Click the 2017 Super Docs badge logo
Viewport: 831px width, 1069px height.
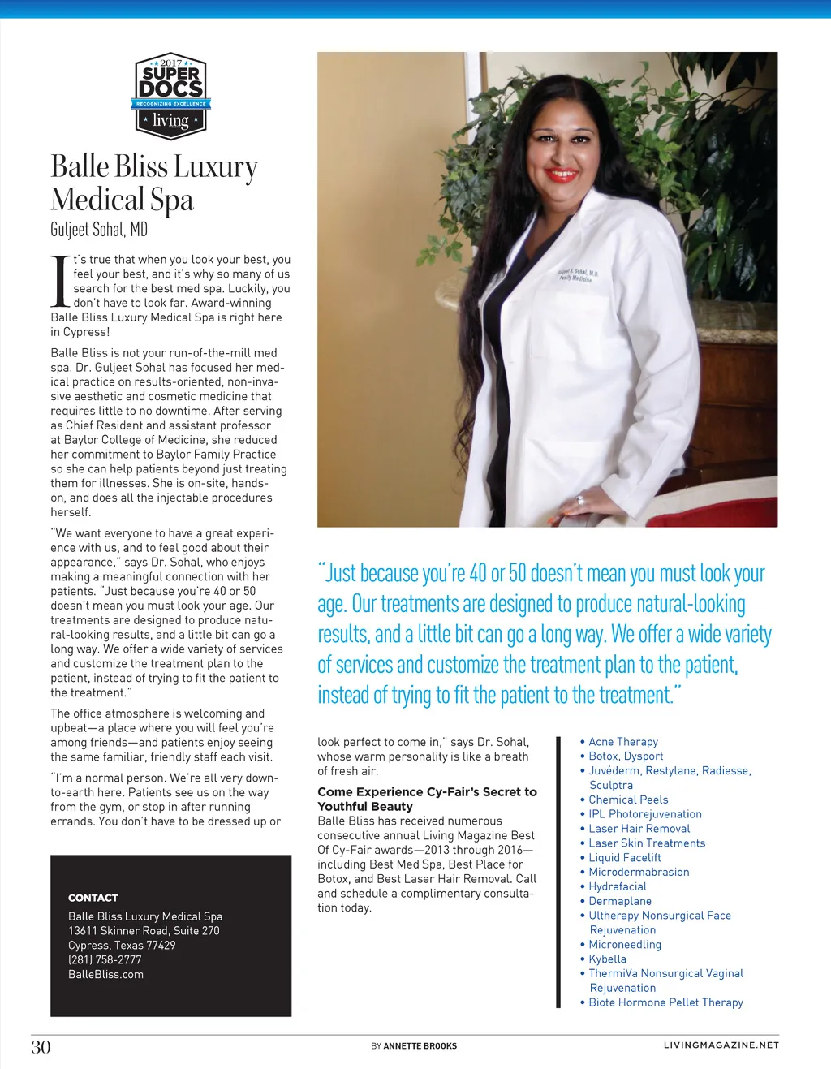[170, 96]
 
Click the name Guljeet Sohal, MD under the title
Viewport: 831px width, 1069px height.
[99, 230]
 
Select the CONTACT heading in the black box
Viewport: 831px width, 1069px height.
[93, 898]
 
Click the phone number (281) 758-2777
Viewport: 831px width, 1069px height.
[105, 959]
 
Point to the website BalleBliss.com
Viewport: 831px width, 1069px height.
[105, 974]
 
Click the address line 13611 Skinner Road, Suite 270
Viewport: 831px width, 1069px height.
[144, 930]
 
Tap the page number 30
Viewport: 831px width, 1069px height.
[41, 1047]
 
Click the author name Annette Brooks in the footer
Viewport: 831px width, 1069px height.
[420, 1046]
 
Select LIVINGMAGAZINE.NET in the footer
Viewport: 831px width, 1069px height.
[721, 1045]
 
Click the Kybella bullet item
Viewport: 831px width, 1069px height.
[607, 959]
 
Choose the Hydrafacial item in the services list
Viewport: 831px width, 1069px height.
[618, 886]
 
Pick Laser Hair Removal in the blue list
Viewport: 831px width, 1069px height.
[639, 829]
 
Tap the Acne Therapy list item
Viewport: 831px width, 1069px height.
[623, 742]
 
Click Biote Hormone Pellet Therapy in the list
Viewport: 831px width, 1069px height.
[665, 1002]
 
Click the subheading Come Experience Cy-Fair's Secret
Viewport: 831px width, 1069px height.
[427, 792]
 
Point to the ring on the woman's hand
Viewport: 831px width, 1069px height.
[580, 500]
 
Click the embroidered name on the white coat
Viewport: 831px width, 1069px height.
[578, 274]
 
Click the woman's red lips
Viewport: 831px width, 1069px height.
[561, 175]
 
